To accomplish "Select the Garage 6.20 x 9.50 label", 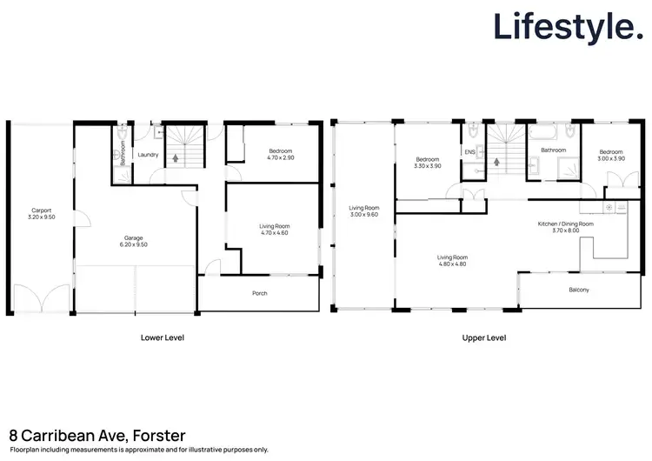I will [x=133, y=239].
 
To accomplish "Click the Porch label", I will [x=259, y=293].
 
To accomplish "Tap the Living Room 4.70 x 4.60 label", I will [x=274, y=230].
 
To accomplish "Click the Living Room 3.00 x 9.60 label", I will [x=364, y=211].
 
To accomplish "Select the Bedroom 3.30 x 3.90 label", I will [x=428, y=163].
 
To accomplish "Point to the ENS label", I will [x=470, y=153].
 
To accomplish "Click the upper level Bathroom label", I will [x=554, y=150].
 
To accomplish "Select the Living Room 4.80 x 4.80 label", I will [x=452, y=260].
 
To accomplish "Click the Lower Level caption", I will [x=163, y=337].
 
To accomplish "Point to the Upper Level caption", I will [x=484, y=337].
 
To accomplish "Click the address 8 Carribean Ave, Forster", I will [x=97, y=435].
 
